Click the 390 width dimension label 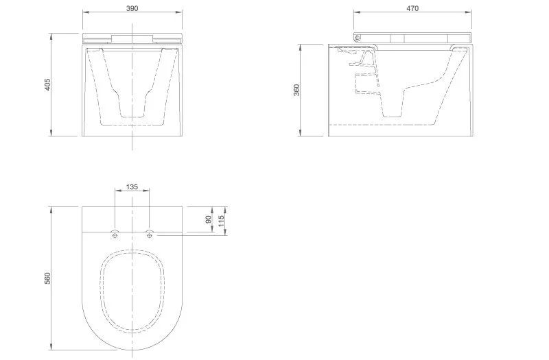coord(132,8)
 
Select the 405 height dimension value coord(47,84)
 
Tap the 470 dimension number coord(412,8)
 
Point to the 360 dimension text coord(296,90)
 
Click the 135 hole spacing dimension coord(132,187)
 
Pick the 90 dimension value coord(209,219)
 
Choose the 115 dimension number coord(221,221)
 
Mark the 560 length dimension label coord(47,278)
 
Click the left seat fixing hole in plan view coord(115,235)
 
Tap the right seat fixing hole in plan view coord(150,235)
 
